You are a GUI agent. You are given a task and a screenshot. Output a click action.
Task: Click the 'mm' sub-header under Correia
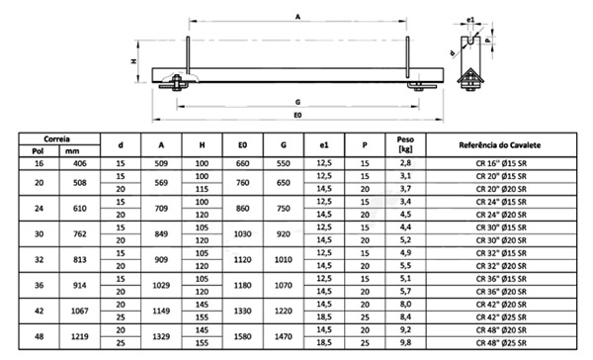tap(73, 151)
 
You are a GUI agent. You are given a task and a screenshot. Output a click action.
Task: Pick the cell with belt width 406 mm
tap(73, 162)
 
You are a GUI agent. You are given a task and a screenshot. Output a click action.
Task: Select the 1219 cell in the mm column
tap(73, 337)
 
